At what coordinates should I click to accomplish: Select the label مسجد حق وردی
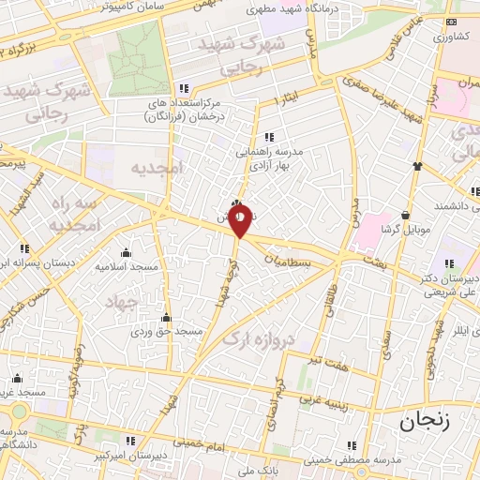pyautogui.click(x=166, y=332)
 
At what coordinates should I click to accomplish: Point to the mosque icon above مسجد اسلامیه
pyautogui.click(x=126, y=252)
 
